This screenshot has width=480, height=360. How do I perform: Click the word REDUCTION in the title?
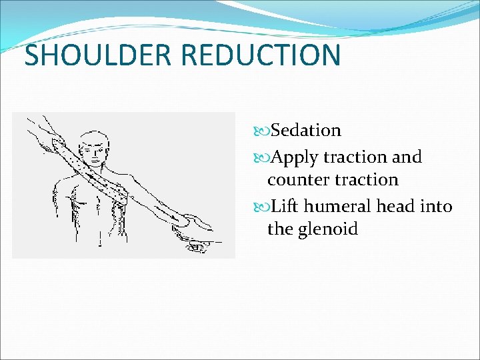pos(261,55)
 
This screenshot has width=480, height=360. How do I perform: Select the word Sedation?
pos(306,131)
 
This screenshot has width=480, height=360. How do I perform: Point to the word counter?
pos(299,180)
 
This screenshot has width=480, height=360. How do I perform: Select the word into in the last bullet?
pos(437,207)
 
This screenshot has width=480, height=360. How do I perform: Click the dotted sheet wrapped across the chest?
pos(100,177)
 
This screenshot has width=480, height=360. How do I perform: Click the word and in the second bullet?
pos(407,157)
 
